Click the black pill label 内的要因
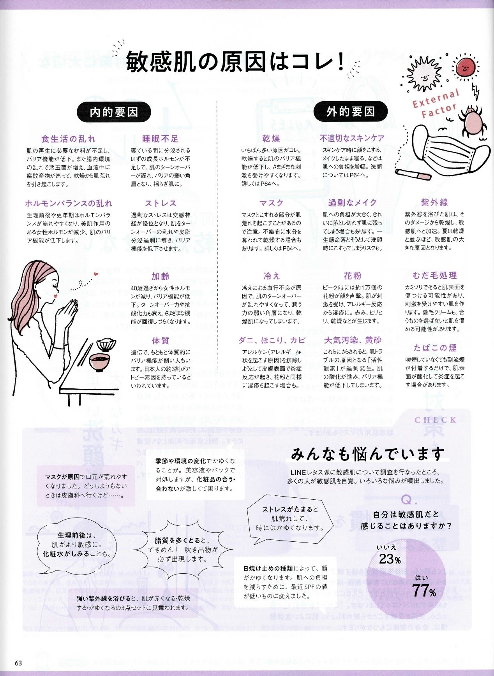(x=114, y=112)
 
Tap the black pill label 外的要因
(x=350, y=112)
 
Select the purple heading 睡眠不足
(x=161, y=139)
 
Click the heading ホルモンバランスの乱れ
(x=69, y=203)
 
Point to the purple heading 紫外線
(x=434, y=202)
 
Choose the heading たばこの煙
(x=435, y=348)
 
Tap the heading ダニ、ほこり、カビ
(x=272, y=341)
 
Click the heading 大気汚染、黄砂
(x=353, y=341)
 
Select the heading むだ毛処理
(x=435, y=276)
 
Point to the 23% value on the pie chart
(x=390, y=559)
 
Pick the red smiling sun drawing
(x=464, y=68)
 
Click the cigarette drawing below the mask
(x=413, y=175)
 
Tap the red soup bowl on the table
(x=100, y=362)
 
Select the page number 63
(x=19, y=663)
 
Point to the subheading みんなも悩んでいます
(x=367, y=454)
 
